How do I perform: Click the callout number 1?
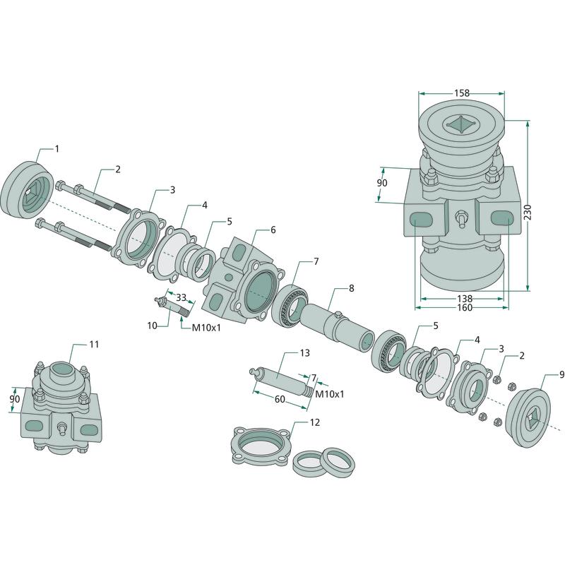point(56,149)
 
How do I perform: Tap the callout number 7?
point(316,261)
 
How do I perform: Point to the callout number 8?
point(351,289)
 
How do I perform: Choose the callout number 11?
point(94,344)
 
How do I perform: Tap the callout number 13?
point(304,352)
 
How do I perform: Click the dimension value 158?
point(462,93)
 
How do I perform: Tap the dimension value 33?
point(180,297)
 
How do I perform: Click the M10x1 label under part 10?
point(206,328)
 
